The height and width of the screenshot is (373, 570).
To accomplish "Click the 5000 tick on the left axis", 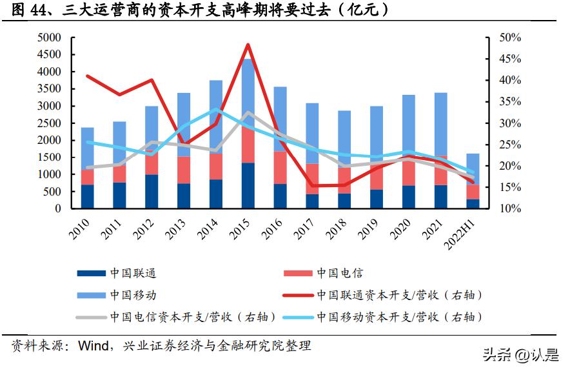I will [x=49, y=38].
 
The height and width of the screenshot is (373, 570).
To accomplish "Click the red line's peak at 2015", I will [x=248, y=45].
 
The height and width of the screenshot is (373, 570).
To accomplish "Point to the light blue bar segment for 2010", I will [x=87, y=148].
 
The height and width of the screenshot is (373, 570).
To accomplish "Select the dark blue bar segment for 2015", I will [x=248, y=185].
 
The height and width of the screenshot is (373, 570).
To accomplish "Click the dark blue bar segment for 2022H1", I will [x=473, y=203].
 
